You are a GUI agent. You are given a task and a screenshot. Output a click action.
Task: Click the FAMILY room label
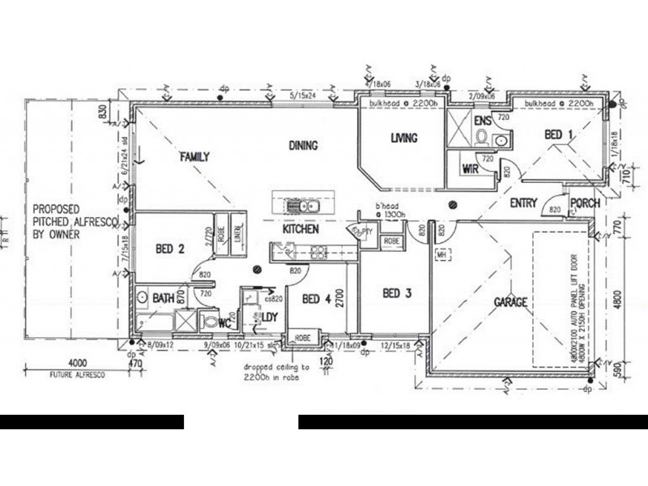195,156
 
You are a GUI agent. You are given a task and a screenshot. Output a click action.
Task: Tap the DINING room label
302,146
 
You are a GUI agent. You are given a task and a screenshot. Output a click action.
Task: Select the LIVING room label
403,139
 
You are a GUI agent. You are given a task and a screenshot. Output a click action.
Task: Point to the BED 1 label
558,134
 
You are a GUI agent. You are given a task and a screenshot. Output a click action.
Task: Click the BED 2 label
168,249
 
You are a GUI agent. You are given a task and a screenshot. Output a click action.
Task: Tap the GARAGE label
511,302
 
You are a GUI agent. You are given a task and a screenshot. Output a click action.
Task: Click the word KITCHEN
300,230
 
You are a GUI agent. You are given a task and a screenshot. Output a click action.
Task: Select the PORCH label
585,204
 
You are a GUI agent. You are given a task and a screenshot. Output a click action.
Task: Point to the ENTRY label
523,204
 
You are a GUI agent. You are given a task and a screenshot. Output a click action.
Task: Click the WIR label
469,169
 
